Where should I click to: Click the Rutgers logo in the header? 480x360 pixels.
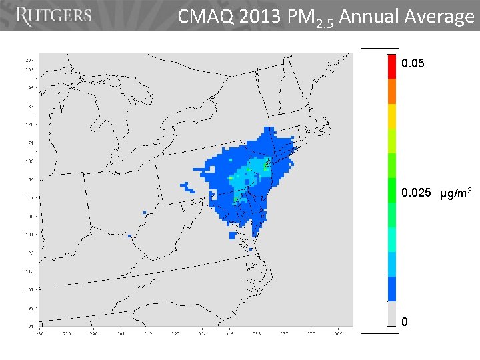(53, 16)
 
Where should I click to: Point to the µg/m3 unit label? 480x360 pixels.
(456, 193)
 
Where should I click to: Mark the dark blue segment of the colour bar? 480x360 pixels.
(391, 289)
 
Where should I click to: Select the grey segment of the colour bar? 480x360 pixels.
(391, 313)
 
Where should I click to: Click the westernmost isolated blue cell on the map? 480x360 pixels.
(129, 235)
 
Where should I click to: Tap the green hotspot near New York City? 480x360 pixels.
(267, 163)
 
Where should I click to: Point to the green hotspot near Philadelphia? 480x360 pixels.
(237, 198)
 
